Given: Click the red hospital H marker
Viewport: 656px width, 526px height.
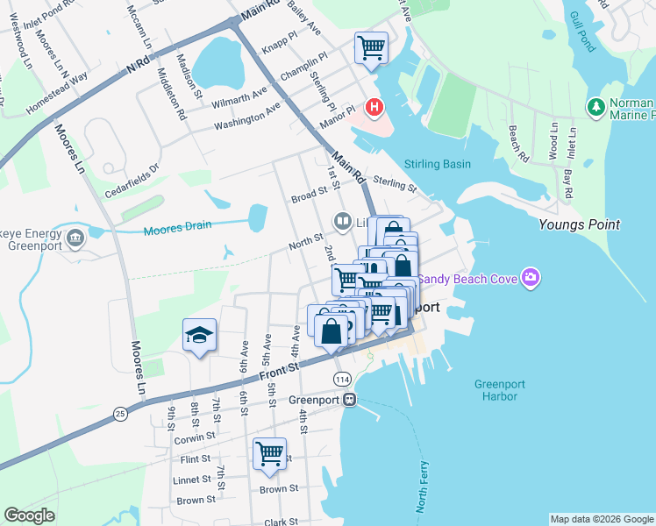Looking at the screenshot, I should pyautogui.click(x=375, y=108).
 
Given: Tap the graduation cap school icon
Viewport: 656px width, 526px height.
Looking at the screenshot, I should pyautogui.click(x=199, y=335).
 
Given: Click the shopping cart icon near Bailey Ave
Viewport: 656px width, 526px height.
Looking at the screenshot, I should pyautogui.click(x=371, y=46).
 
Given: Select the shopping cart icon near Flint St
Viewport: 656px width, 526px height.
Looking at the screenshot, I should pyautogui.click(x=269, y=454).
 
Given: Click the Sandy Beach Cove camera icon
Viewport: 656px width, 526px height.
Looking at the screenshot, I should pyautogui.click(x=530, y=279).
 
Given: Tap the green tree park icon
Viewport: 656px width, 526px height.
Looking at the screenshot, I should pyautogui.click(x=596, y=106).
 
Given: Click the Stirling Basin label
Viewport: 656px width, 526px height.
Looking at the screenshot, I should pyautogui.click(x=438, y=164).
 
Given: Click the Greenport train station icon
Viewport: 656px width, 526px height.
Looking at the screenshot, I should pyautogui.click(x=350, y=400).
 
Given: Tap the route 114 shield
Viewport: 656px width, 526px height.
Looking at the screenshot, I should pyautogui.click(x=341, y=378).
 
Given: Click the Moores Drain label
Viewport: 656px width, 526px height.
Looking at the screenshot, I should pyautogui.click(x=177, y=225).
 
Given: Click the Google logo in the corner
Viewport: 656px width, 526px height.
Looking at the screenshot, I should pyautogui.click(x=29, y=515).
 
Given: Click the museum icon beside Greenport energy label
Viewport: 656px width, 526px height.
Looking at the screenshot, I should pyautogui.click(x=75, y=236).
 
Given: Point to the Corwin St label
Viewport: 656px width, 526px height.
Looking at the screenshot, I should pyautogui.click(x=195, y=436).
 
